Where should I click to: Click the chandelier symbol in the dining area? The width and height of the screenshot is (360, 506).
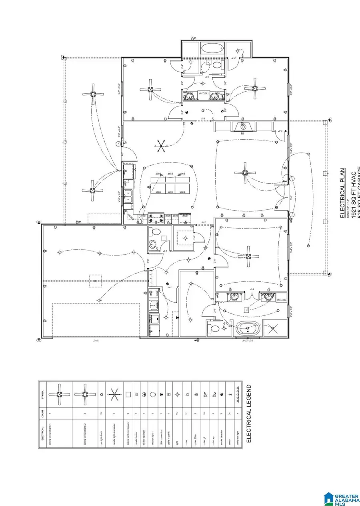tap(161, 146)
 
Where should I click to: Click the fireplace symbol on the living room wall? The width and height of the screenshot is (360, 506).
tap(243, 127)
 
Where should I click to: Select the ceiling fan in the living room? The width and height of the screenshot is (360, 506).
tap(245, 173)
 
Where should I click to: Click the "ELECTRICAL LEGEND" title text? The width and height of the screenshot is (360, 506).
tap(248, 414)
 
